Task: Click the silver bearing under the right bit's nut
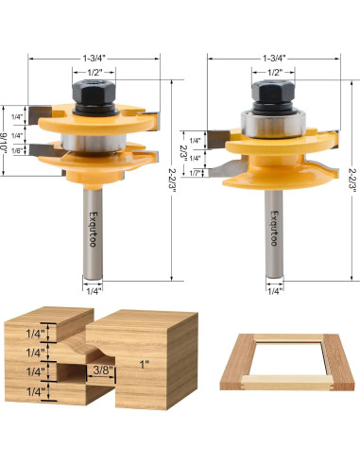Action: click(270, 123)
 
